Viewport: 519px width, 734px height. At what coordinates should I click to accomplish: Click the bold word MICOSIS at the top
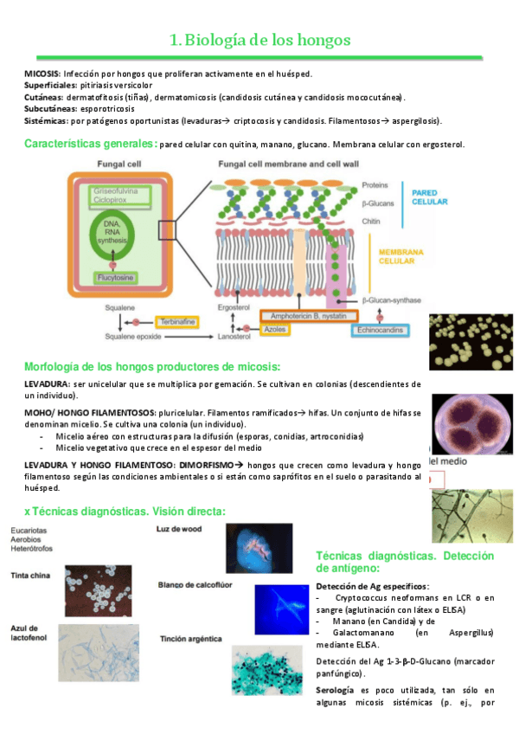[42, 74]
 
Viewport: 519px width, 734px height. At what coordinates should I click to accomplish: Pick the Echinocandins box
[385, 330]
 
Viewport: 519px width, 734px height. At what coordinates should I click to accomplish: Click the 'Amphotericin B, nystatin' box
[296, 317]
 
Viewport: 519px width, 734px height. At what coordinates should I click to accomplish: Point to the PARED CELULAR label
[429, 196]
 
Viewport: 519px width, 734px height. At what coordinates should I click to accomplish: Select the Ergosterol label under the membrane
[233, 307]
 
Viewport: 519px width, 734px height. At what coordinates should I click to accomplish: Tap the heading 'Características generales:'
[90, 144]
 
